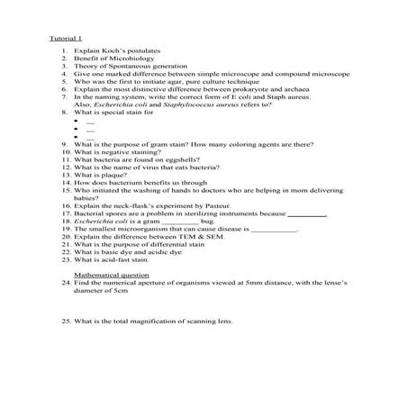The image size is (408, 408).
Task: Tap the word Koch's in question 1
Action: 111,58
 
